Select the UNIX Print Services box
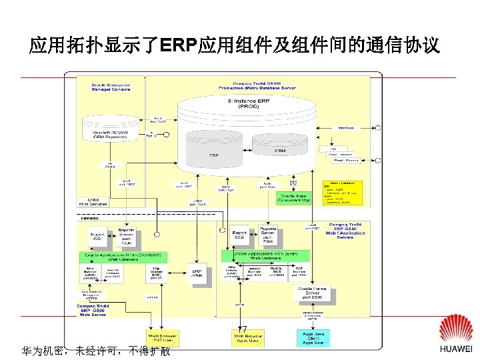pos(93,201)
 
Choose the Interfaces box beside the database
pos(346,128)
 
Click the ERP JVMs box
pos(197,273)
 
